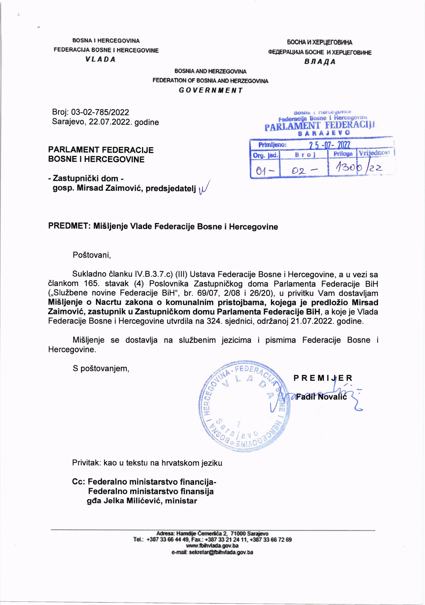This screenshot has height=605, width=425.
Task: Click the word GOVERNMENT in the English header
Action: [210, 90]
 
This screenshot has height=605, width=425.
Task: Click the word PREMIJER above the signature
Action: [323, 378]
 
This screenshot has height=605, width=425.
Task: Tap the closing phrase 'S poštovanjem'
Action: [101, 368]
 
